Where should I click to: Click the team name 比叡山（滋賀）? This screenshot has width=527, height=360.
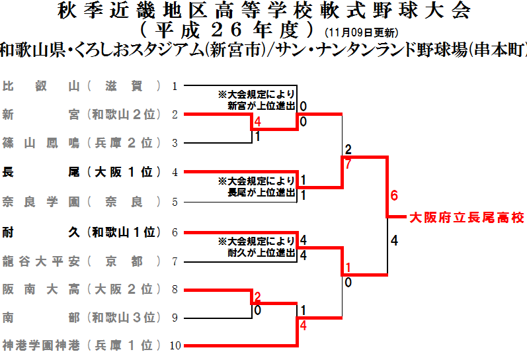tap(82, 86)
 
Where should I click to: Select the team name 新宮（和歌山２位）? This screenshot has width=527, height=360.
tap(82, 114)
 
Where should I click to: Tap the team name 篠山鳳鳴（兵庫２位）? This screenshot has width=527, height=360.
tap(82, 143)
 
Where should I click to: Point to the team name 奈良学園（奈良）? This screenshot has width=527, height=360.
tap(82, 201)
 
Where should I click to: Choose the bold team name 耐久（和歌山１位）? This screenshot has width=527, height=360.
tap(82, 232)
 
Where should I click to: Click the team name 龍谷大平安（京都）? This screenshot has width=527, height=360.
tap(82, 261)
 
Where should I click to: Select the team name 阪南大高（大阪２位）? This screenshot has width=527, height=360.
tap(82, 289)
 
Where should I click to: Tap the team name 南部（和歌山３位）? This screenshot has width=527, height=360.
tap(82, 318)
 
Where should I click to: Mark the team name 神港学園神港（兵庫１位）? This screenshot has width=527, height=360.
tap(82, 345)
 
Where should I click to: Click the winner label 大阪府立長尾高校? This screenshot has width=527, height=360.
tap(466, 217)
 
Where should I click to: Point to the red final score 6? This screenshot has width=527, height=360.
tap(394, 196)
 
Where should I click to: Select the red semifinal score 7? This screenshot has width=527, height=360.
tap(348, 163)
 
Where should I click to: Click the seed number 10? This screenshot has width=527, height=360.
tap(175, 345)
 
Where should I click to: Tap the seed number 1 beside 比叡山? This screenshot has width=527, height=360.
tap(175, 86)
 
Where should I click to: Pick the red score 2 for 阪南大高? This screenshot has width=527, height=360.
tap(258, 296)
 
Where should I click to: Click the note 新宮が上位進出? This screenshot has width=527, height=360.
tap(261, 105)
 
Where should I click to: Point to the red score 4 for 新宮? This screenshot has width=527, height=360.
tap(258, 122)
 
